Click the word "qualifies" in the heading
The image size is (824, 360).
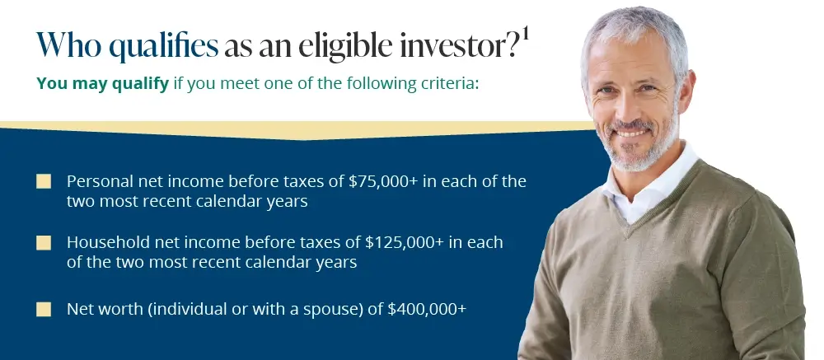(x=163, y=46)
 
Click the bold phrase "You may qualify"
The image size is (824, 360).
(x=102, y=83)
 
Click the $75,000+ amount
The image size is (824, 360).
(x=383, y=181)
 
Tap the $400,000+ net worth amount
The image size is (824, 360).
(x=427, y=309)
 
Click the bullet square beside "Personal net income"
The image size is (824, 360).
(x=44, y=182)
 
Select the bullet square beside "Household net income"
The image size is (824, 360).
(x=44, y=243)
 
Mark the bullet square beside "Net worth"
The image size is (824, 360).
(x=44, y=310)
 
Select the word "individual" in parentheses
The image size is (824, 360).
(x=185, y=309)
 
